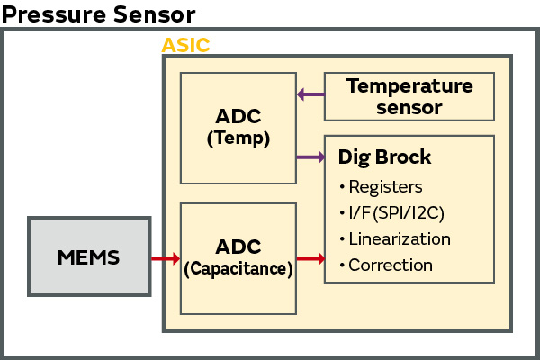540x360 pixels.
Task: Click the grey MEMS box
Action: (87, 257)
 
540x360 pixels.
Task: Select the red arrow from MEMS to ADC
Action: (166, 259)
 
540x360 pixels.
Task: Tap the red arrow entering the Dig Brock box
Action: (310, 259)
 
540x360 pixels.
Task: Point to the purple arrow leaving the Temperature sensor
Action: (310, 94)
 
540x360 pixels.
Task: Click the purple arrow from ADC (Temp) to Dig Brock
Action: (310, 157)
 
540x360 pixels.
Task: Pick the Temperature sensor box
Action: (409, 96)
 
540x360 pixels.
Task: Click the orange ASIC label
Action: (185, 45)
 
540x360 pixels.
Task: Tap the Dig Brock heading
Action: (384, 157)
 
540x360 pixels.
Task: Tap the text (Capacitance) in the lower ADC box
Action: (238, 267)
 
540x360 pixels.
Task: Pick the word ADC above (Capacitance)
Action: (238, 247)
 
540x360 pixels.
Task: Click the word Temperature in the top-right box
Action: (409, 86)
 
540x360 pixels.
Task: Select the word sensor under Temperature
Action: (409, 107)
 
